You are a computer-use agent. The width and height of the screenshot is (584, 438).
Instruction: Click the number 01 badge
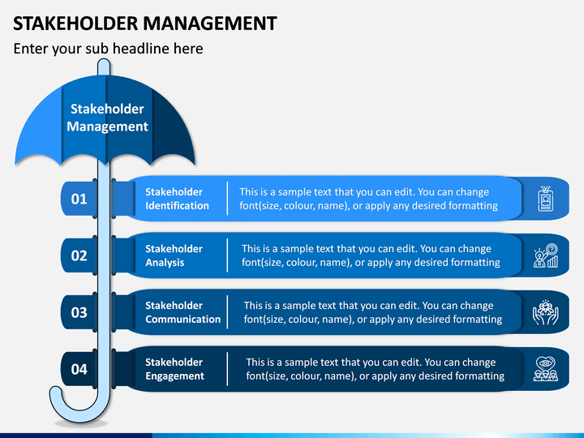(79, 199)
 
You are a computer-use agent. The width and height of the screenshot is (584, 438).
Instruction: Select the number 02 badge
(79, 255)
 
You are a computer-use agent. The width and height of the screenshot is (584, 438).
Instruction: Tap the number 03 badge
(79, 312)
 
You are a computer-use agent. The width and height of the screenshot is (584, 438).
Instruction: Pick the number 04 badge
(79, 369)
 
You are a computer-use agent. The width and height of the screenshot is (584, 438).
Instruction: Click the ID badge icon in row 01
(546, 199)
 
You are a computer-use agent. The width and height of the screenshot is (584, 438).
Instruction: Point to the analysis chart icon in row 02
(546, 255)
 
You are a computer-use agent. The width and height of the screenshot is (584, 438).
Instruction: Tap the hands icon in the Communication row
(546, 312)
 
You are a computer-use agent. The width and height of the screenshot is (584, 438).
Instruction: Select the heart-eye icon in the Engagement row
(546, 369)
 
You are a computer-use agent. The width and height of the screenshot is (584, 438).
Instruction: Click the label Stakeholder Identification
(178, 199)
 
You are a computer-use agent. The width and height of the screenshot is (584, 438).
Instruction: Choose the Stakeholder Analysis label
(174, 255)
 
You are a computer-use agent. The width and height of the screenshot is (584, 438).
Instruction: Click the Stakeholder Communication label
(182, 312)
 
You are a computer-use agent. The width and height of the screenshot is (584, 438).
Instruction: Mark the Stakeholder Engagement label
(174, 369)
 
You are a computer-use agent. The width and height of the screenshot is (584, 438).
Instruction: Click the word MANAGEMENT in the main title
(210, 24)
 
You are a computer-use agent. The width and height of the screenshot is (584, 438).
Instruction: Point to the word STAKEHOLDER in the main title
(75, 24)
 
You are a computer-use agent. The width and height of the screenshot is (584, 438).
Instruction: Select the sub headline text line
(109, 49)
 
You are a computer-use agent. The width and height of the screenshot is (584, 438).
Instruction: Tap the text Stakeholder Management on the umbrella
(107, 118)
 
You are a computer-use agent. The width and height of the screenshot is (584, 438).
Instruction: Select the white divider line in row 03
(227, 312)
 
